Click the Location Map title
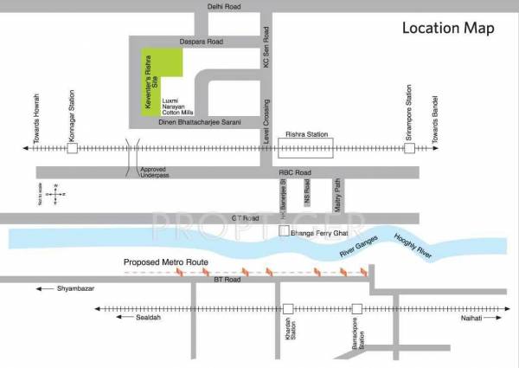448,28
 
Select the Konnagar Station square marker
73,149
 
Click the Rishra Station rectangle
308,149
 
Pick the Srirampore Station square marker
409,149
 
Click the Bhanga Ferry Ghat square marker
283,232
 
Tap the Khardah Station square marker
289,308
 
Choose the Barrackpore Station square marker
356,308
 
